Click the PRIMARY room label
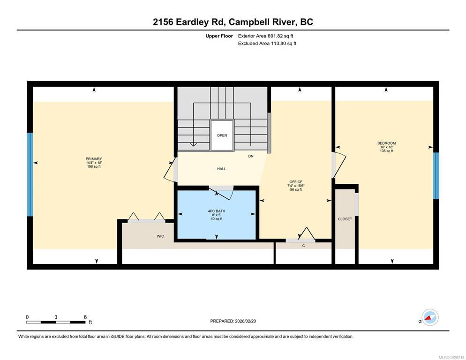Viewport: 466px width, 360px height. [94, 159]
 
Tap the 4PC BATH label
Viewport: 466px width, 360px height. [217, 211]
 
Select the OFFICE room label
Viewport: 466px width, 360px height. [296, 182]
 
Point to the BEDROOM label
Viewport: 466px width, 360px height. [386, 143]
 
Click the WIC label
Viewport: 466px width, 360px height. [160, 236]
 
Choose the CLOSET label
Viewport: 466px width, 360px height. [345, 219]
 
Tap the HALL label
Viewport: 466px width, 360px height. [221, 169]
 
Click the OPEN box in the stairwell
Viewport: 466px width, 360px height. [222, 135]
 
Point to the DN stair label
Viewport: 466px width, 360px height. [251, 156]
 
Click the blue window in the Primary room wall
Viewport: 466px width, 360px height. [30, 174]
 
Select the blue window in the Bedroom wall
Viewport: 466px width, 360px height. [436, 176]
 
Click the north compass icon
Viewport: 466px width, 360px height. [430, 317]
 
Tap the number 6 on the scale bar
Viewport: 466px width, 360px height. [85, 317]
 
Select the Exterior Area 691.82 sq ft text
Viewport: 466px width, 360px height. [266, 36]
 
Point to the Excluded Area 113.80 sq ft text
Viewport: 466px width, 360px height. [267, 44]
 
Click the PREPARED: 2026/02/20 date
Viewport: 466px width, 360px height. [233, 321]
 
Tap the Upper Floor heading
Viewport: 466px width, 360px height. [219, 36]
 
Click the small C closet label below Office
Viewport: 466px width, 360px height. [303, 246]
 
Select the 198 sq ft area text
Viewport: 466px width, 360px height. [94, 167]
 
